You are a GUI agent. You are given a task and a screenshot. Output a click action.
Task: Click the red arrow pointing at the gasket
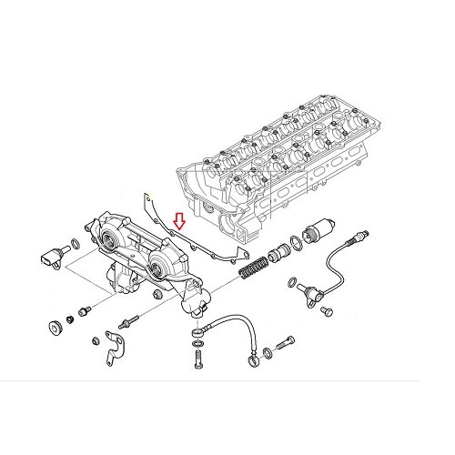coord(179,220)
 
